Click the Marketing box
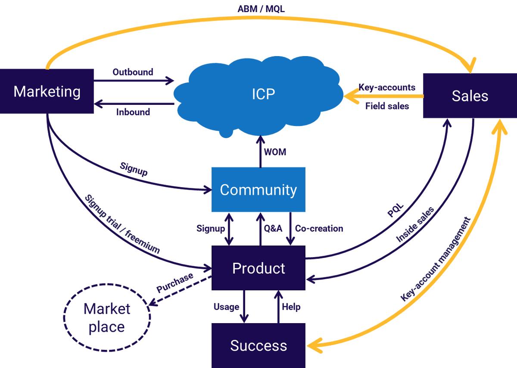pos(47,91)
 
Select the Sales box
pos(470,96)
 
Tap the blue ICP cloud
pos(263,94)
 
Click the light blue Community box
pos(258,190)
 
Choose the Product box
pos(258,268)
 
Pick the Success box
pos(258,346)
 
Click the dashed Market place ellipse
pos(107,318)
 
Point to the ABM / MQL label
pos(261,9)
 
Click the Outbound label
pos(133,72)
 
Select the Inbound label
pos(133,112)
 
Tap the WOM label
pos(275,152)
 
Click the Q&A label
pos(273,228)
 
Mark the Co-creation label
pos(319,228)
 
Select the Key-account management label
pos(435,259)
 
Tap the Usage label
pos(226,307)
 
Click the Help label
pos(291,307)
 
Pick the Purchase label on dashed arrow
pos(174,283)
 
